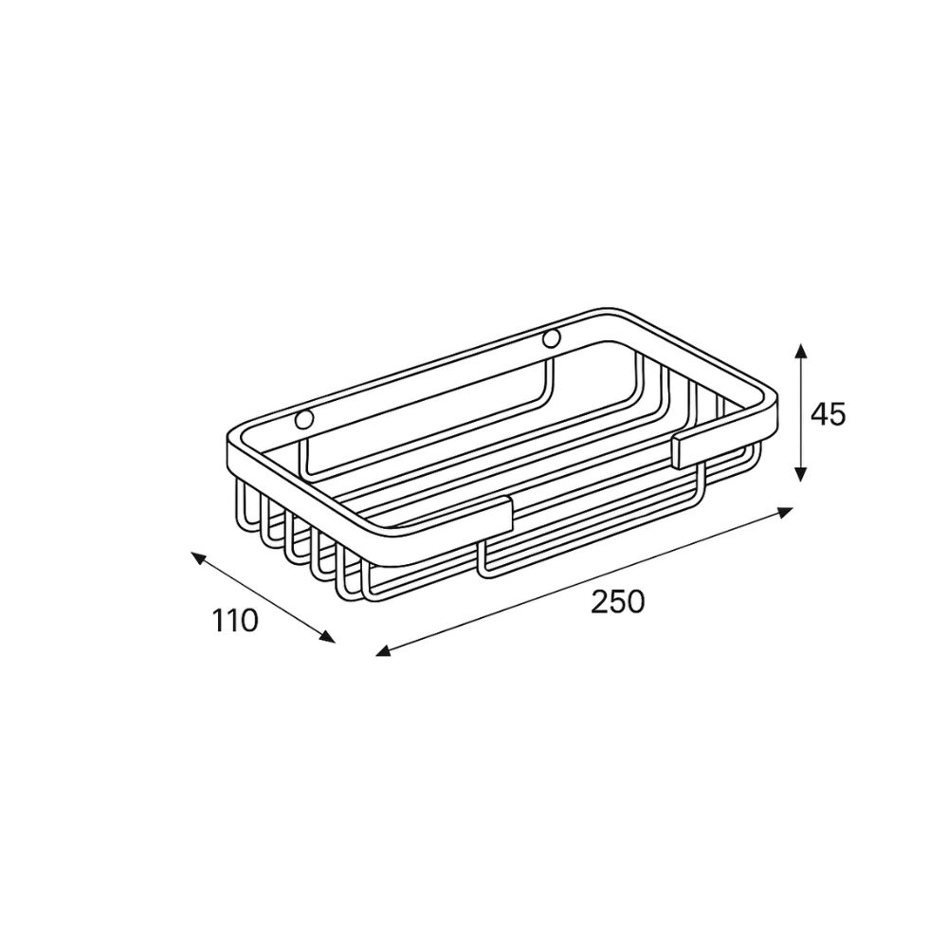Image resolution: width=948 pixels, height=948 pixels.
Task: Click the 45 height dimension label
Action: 828,414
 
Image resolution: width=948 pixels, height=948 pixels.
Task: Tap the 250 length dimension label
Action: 617,601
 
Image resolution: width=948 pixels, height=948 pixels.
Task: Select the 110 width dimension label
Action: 235,621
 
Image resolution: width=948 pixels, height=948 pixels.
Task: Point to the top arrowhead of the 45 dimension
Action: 800,351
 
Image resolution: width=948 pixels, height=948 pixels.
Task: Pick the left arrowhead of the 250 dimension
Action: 384,651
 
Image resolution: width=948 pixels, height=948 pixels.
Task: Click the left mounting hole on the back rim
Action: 304,419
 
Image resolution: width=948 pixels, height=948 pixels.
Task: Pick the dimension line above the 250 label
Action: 584,582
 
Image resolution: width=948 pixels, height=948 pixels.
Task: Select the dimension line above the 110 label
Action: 263,598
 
